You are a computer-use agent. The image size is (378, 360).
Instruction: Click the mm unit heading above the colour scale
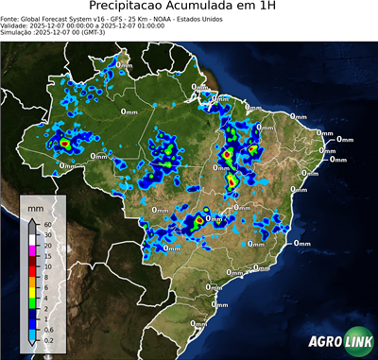point(35,207)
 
